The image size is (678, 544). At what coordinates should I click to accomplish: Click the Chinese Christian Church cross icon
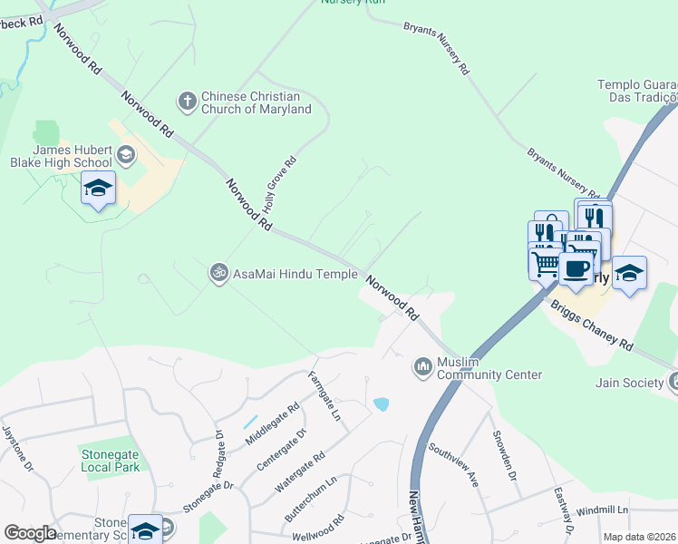click(x=187, y=101)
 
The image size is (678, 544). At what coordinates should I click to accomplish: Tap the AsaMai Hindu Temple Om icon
click(x=218, y=273)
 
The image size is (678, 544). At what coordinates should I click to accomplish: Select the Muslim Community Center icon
click(x=422, y=366)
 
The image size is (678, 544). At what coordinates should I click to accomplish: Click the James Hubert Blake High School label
click(x=72, y=156)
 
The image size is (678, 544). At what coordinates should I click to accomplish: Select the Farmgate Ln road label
click(x=324, y=395)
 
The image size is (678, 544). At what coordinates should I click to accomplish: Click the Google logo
click(x=29, y=533)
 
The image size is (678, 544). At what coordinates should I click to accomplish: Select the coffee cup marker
click(x=576, y=268)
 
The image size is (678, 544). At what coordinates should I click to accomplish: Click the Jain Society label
click(x=630, y=383)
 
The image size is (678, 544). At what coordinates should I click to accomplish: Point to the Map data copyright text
click(x=640, y=537)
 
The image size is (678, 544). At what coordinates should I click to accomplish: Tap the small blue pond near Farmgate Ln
click(x=382, y=403)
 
